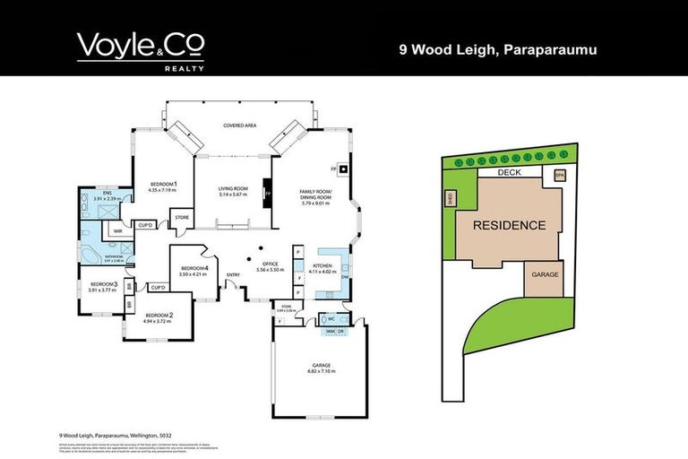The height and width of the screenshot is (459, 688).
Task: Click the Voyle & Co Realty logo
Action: tap(141, 50)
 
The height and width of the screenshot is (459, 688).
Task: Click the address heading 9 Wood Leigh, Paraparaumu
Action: tap(497, 50)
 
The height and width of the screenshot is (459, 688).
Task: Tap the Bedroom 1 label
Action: tap(163, 186)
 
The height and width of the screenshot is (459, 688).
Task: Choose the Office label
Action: tap(270, 267)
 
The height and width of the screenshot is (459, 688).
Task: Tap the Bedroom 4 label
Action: tap(194, 271)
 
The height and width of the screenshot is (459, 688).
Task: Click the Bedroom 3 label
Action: tap(103, 286)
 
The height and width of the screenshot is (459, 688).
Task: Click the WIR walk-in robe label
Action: tap(117, 230)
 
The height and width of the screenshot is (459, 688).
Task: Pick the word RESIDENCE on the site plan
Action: tap(508, 225)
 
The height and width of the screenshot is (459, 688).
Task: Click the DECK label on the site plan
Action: tap(509, 173)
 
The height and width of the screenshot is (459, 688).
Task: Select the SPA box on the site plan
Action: tap(560, 176)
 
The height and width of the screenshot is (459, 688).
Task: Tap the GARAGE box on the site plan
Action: tap(545, 274)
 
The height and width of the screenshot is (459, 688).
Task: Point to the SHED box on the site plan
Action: tap(450, 200)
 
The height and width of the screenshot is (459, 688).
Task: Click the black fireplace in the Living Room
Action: tap(265, 192)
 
